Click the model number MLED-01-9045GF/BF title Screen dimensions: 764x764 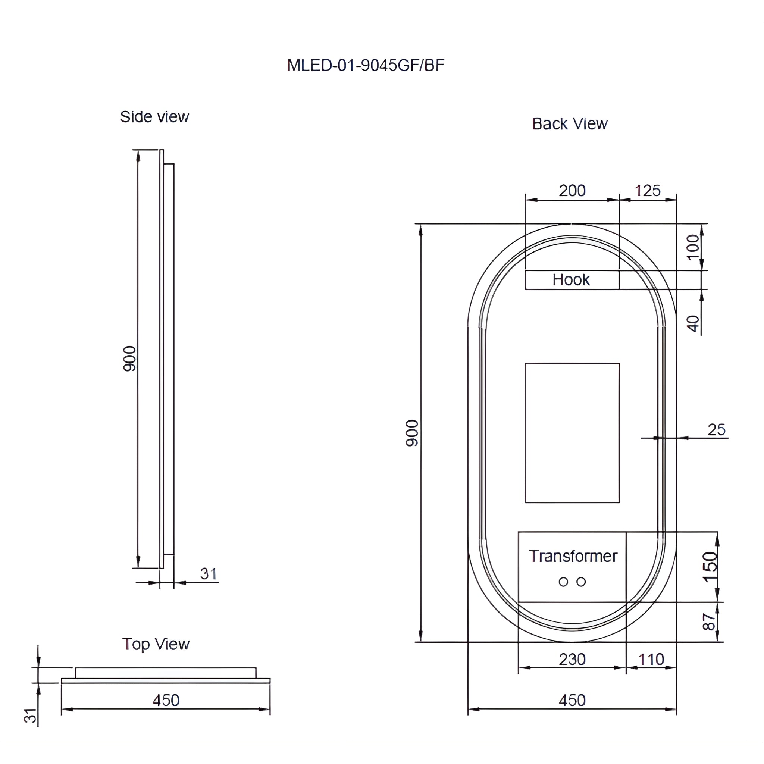click(365, 65)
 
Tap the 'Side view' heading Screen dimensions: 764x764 click(154, 117)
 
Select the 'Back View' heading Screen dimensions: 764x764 click(569, 124)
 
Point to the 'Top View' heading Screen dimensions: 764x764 click(156, 644)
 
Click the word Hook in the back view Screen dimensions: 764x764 click(571, 280)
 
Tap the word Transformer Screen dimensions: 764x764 click(573, 556)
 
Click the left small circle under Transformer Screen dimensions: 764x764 click(563, 582)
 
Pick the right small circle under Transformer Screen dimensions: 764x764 click(581, 582)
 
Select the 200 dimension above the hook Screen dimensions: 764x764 click(572, 191)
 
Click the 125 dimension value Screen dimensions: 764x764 click(647, 191)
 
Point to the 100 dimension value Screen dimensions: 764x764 click(693, 247)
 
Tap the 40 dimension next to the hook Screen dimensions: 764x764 click(693, 323)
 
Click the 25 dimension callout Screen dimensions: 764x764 click(716, 430)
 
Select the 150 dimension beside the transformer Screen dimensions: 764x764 click(710, 567)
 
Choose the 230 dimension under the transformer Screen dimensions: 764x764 click(572, 659)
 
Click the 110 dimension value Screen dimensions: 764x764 click(651, 659)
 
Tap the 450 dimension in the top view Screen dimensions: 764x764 click(166, 700)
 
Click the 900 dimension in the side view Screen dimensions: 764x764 click(129, 358)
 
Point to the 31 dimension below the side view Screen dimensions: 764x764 click(209, 574)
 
